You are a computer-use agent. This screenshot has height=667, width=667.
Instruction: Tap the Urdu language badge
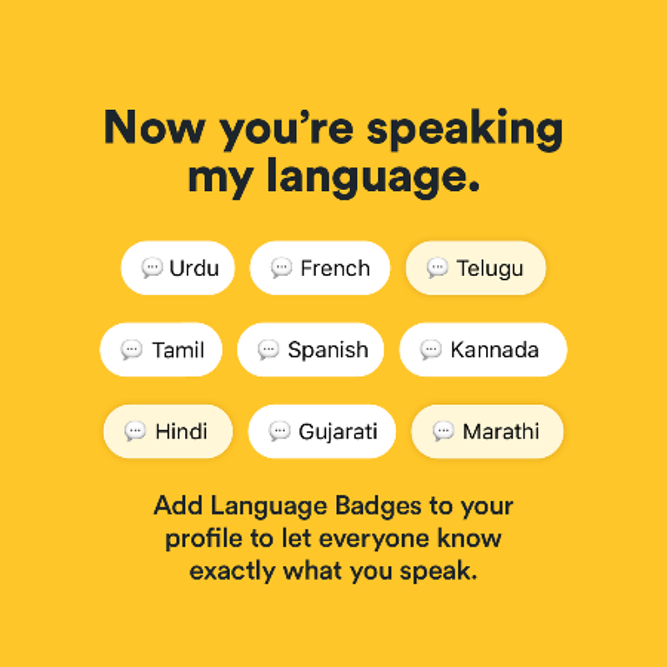[x=178, y=268]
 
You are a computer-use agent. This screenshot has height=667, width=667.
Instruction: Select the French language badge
[x=320, y=268]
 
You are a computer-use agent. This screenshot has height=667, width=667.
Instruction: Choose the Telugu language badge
[x=475, y=268]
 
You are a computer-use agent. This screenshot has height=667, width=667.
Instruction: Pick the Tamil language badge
[x=162, y=349]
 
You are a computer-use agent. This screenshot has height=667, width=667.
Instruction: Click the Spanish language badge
[x=311, y=349]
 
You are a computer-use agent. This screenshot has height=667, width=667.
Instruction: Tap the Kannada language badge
[x=483, y=349]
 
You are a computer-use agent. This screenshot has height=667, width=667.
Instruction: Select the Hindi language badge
[x=168, y=431]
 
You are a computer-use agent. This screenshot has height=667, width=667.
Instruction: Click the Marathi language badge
[x=487, y=431]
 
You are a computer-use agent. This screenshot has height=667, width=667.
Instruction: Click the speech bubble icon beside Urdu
[x=152, y=268]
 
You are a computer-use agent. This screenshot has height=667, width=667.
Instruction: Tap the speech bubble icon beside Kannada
[x=431, y=349]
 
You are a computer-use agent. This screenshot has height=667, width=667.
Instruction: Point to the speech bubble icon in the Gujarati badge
[x=279, y=431]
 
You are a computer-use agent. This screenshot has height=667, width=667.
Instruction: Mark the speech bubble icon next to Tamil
[x=132, y=349]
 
